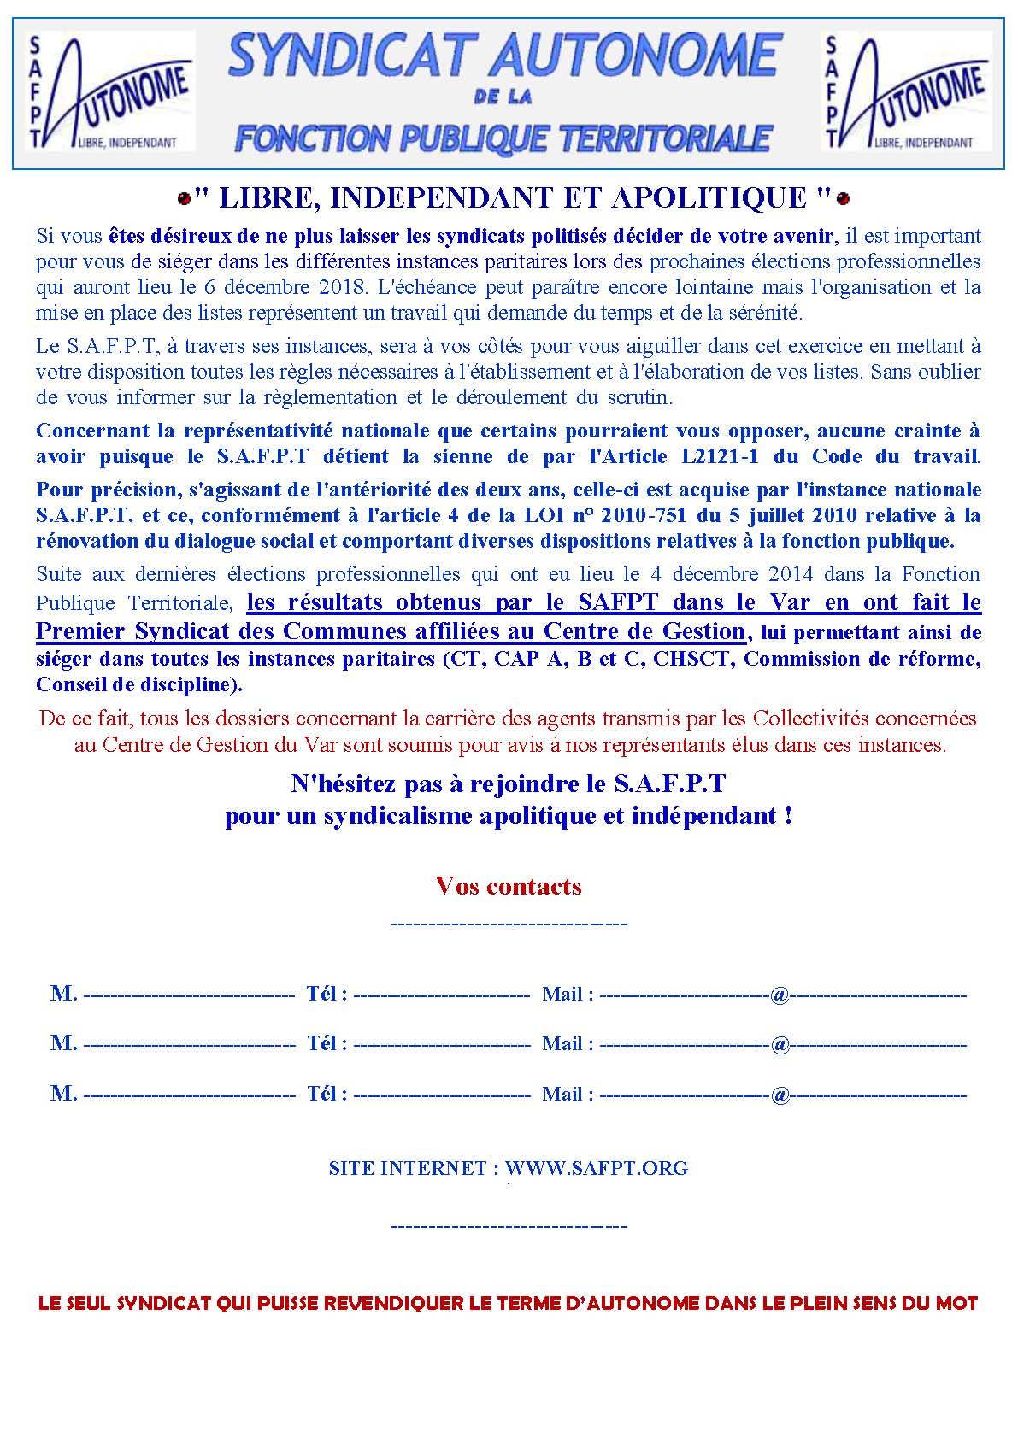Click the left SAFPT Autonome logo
(x=111, y=91)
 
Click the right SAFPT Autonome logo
(x=906, y=91)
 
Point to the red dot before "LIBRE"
(x=183, y=199)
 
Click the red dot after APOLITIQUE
(x=843, y=199)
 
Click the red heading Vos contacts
(x=509, y=886)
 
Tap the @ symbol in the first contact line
(x=780, y=995)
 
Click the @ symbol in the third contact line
(x=780, y=1094)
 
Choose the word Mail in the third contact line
(x=562, y=1094)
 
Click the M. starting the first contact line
(x=64, y=994)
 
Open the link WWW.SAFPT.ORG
(x=596, y=1168)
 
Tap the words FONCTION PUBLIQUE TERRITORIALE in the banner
(x=504, y=138)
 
